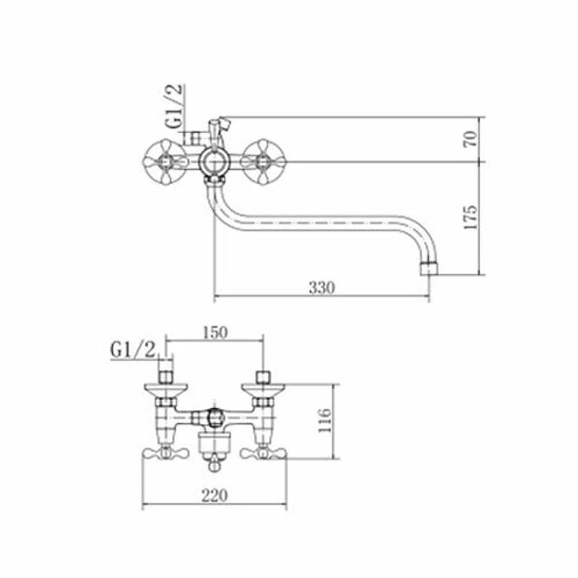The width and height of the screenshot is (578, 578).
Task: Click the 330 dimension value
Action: pyautogui.click(x=322, y=288)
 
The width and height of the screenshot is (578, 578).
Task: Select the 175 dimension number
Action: pyautogui.click(x=471, y=217)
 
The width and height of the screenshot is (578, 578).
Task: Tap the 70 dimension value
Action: pyautogui.click(x=471, y=139)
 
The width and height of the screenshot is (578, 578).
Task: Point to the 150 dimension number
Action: pyautogui.click(x=215, y=332)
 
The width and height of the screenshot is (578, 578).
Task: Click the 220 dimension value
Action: pyautogui.click(x=215, y=496)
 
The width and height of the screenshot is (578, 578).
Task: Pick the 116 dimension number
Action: pyautogui.click(x=325, y=421)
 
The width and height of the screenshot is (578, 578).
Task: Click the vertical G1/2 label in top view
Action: pyautogui.click(x=174, y=106)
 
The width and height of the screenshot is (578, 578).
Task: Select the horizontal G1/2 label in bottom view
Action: pyautogui.click(x=133, y=350)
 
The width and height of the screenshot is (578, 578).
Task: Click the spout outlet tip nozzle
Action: pyautogui.click(x=429, y=268)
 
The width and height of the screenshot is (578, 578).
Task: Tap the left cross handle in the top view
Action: pyautogui.click(x=165, y=161)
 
